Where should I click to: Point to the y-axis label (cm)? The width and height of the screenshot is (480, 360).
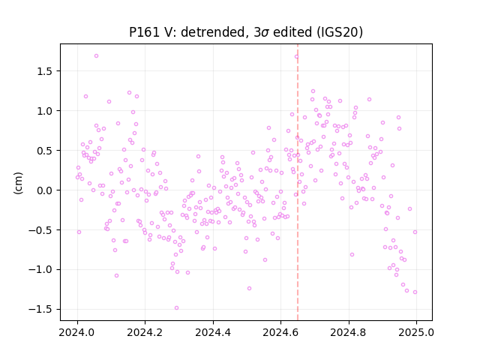(18, 183)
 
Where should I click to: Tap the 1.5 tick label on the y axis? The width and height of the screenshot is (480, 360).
(45, 71)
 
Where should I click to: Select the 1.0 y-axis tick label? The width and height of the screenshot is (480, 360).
(45, 111)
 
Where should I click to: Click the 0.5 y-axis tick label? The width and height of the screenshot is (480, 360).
(45, 151)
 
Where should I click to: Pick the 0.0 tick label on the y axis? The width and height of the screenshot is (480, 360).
(45, 190)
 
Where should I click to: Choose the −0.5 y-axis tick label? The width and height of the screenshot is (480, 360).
(40, 230)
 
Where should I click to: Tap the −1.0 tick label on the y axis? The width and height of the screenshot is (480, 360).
(40, 270)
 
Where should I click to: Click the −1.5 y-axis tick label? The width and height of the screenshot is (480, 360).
(40, 310)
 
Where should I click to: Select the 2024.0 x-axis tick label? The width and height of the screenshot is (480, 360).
(77, 332)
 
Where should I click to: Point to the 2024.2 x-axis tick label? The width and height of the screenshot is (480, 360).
(145, 332)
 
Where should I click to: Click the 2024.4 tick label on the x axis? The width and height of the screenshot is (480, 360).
(213, 332)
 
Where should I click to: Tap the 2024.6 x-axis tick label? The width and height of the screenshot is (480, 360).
(280, 332)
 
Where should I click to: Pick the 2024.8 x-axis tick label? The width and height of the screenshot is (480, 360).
(348, 332)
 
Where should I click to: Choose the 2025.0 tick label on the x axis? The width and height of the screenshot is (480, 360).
(416, 332)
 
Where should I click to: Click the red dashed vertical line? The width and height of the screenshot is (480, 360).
(298, 182)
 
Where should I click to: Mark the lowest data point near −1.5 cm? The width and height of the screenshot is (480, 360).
(176, 308)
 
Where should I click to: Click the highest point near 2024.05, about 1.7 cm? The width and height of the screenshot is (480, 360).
(96, 56)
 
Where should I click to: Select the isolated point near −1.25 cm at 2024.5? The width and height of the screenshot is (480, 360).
(249, 288)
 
